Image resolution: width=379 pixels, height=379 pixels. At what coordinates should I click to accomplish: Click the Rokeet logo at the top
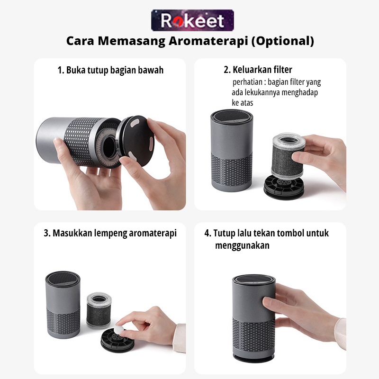[x=192, y=20]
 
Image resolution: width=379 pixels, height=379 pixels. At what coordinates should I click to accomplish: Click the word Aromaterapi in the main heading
[x=208, y=41]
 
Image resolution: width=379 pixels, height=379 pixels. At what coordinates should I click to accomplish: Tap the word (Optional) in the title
[x=283, y=41]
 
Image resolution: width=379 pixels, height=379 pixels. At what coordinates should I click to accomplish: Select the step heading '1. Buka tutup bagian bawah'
[x=110, y=70]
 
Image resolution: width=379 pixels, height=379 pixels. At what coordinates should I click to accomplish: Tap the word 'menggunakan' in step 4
[x=242, y=245]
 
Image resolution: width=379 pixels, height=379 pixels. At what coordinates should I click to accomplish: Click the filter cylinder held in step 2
[x=288, y=155]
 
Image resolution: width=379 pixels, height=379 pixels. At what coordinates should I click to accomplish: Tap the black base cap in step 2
[x=283, y=187]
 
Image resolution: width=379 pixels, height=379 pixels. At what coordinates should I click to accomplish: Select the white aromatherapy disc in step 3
[x=119, y=329]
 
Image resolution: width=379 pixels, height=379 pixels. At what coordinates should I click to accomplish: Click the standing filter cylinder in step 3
[x=99, y=310]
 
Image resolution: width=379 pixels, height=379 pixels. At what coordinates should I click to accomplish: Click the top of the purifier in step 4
[x=254, y=280]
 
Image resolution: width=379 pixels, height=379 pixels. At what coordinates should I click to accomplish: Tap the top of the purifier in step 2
[x=232, y=117]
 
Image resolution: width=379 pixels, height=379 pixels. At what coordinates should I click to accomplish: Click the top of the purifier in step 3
[x=63, y=279]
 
